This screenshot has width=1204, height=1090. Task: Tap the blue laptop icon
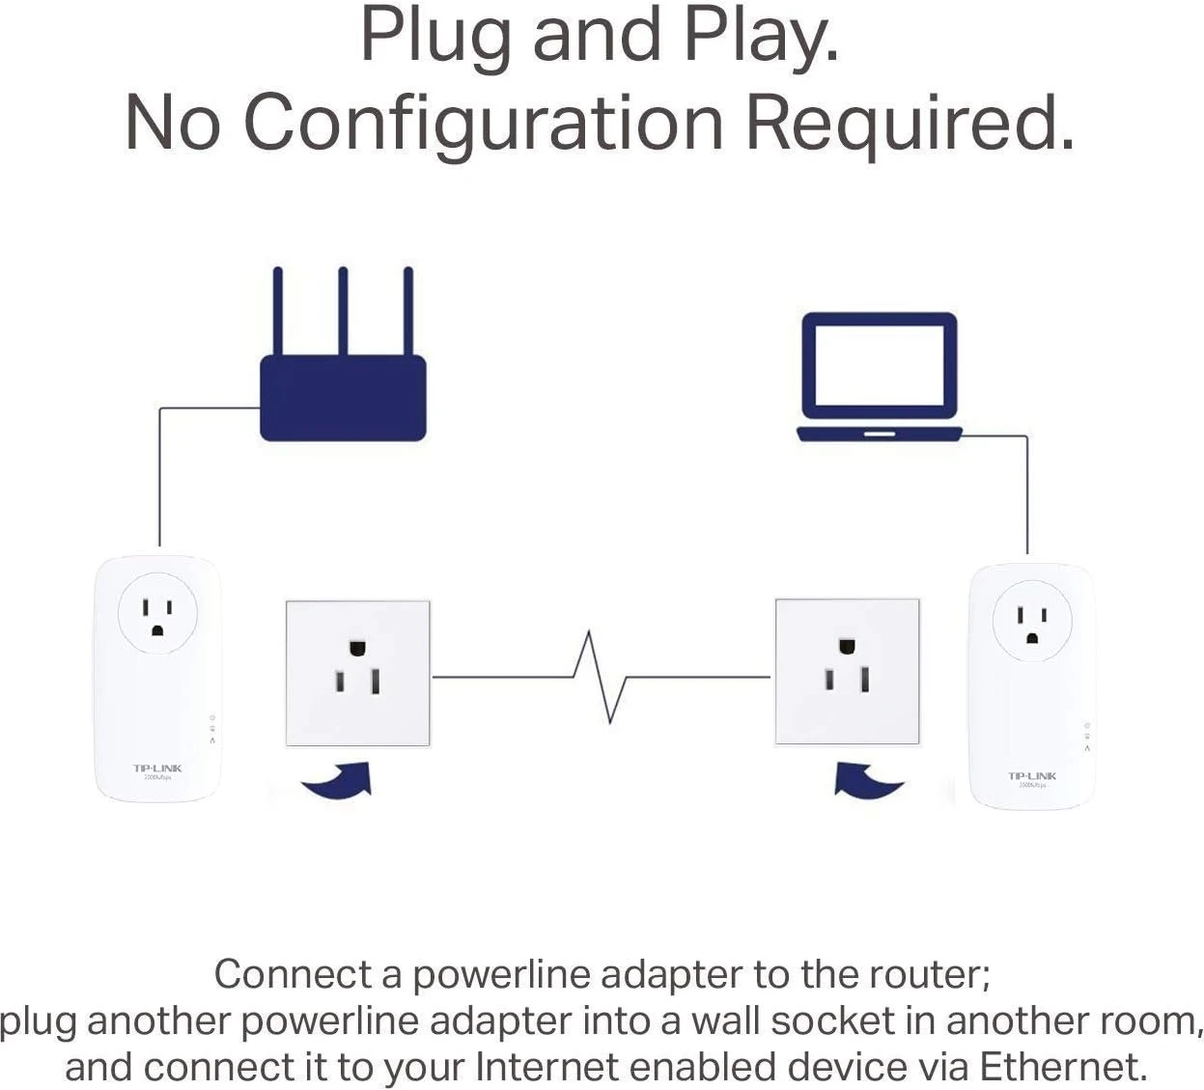tap(880, 377)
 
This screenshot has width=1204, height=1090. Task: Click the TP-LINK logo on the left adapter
tap(157, 769)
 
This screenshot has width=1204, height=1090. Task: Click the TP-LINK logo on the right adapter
tap(1032, 776)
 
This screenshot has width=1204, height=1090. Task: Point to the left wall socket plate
tap(357, 673)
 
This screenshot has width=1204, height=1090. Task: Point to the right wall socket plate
tap(847, 672)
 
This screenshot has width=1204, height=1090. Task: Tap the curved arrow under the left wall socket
tap(339, 781)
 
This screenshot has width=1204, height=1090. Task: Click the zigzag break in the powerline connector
tap(601, 677)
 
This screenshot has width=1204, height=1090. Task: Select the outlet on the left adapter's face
tap(157, 615)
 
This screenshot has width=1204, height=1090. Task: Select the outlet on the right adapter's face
tap(1032, 622)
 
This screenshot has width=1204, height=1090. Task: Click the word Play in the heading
tap(762, 36)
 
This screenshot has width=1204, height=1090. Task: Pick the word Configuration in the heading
tap(483, 123)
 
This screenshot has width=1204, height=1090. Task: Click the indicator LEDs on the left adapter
tap(211, 730)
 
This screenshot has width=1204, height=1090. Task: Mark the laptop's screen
tap(880, 365)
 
